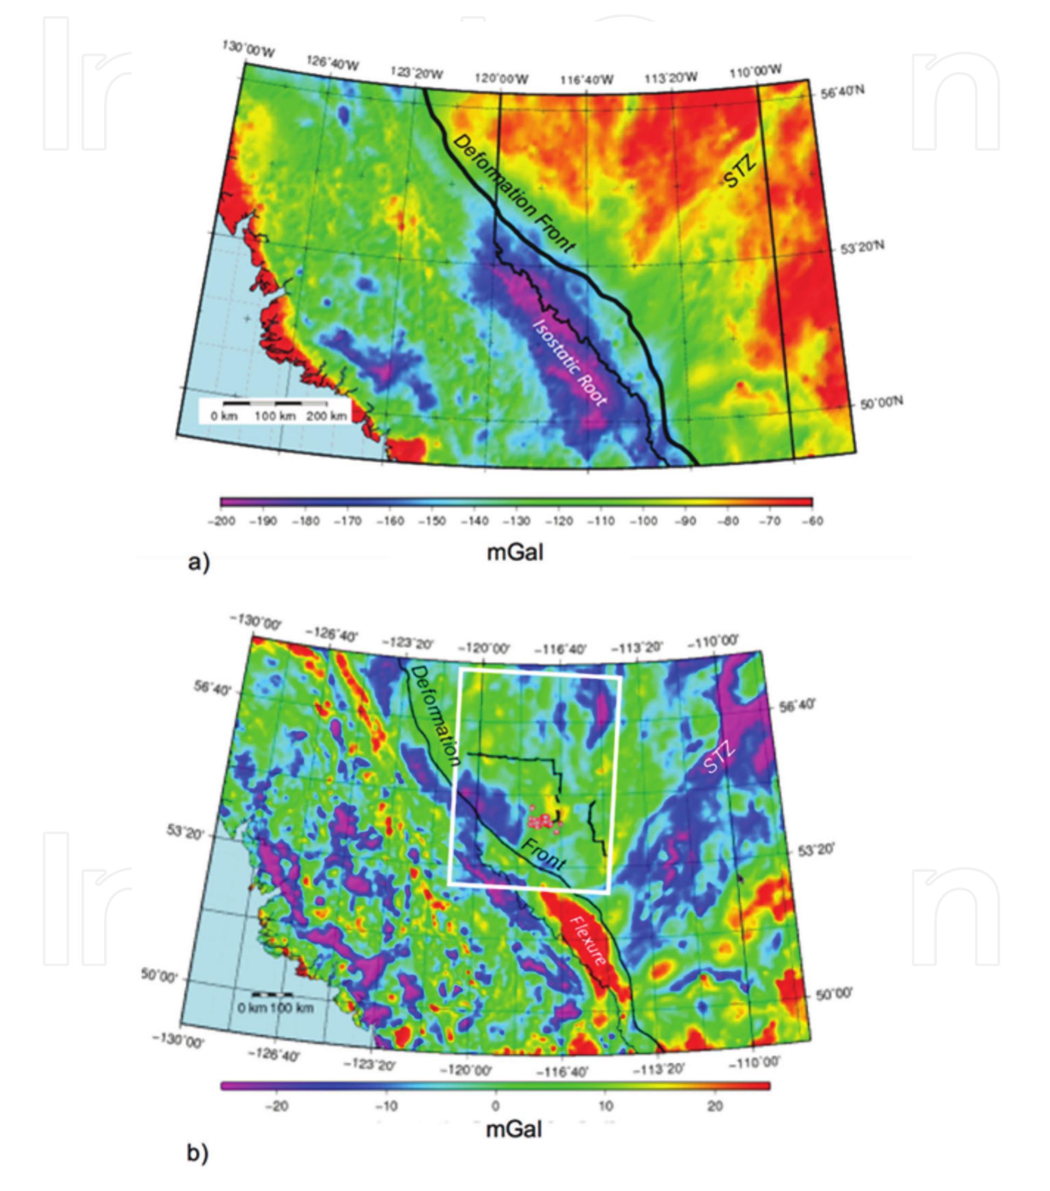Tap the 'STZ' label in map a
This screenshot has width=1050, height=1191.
[740, 170]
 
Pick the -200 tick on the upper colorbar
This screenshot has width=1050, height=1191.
[222, 521]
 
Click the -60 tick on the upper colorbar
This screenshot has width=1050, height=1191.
[812, 521]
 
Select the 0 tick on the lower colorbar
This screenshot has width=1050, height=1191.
[495, 1106]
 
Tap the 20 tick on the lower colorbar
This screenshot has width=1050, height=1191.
[716, 1106]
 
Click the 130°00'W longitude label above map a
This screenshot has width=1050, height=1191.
[248, 49]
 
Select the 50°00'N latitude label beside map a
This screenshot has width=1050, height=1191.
[881, 402]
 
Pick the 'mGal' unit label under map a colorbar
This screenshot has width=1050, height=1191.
[515, 551]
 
